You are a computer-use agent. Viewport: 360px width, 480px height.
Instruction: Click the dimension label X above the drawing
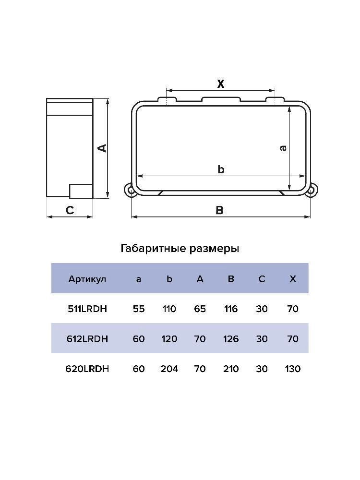(x=220, y=84)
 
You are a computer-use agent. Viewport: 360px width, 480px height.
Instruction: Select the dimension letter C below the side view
(x=70, y=210)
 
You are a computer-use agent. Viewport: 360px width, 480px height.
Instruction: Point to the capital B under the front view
(x=219, y=210)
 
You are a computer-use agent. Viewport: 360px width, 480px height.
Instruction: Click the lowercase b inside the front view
(x=221, y=169)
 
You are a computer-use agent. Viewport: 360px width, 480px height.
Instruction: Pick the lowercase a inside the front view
(x=283, y=148)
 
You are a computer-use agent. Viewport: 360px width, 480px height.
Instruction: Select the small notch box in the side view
(x=81, y=191)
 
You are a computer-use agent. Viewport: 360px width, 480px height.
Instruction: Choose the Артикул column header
(x=87, y=279)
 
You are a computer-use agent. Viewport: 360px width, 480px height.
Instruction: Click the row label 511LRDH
(x=87, y=309)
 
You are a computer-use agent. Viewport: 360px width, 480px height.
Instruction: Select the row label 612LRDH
(x=87, y=339)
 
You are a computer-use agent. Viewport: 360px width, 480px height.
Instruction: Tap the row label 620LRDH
(x=87, y=369)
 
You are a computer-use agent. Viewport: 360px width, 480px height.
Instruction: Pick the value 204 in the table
(x=169, y=369)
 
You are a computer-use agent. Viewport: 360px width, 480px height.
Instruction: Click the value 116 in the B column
(x=231, y=309)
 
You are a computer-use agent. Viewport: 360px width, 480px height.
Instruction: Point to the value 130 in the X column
(x=293, y=369)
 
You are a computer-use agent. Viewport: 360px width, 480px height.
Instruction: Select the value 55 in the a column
(x=139, y=309)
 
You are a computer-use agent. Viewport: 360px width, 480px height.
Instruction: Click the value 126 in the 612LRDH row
(x=231, y=339)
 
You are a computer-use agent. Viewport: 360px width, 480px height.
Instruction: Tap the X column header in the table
(x=293, y=279)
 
